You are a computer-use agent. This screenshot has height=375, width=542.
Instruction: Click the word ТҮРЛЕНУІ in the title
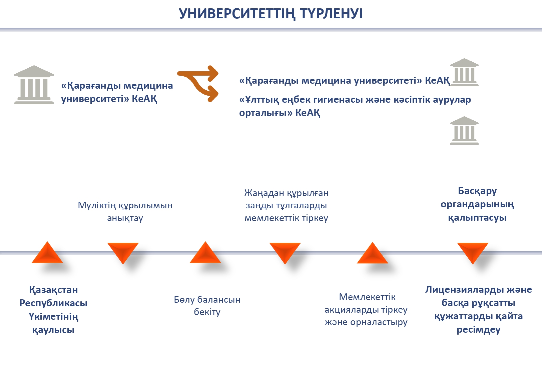[x=331, y=14]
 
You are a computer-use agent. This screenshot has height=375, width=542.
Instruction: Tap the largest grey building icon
[x=34, y=85]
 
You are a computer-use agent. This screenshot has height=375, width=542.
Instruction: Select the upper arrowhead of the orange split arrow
[x=212, y=73]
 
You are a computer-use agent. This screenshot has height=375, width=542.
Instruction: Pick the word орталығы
[x=263, y=113]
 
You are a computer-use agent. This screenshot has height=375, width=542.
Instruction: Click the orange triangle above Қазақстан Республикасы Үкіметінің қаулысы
[x=47, y=253]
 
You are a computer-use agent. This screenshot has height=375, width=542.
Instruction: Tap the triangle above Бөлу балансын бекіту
[x=205, y=253]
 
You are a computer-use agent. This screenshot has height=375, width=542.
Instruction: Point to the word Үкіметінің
[x=53, y=317]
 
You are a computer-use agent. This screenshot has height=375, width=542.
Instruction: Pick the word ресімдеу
[x=479, y=330]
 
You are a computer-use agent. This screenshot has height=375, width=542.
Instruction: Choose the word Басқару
[x=477, y=191]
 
